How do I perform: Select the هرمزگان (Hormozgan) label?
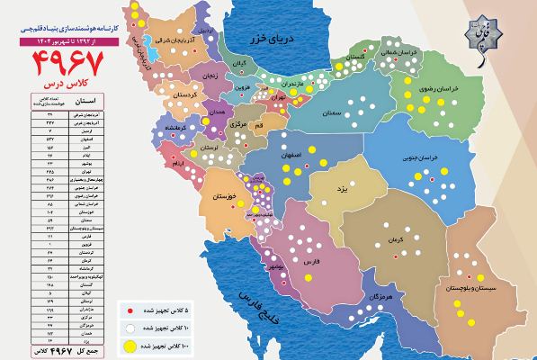coord(381,296)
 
